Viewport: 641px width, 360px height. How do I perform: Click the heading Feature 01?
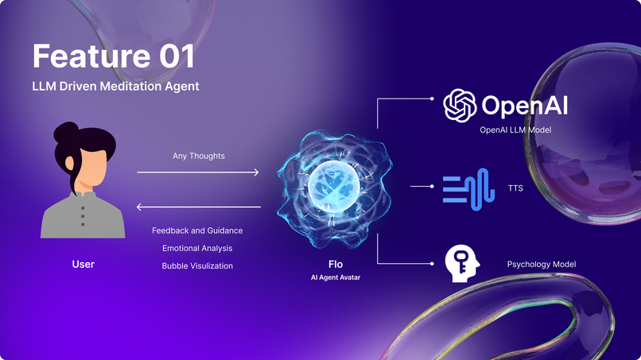click(114, 56)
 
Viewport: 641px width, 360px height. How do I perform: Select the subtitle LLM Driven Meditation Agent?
click(115, 86)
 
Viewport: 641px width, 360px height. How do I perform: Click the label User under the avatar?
click(83, 265)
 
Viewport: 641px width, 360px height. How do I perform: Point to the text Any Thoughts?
click(199, 156)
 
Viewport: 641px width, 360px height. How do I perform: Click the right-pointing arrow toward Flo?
click(198, 172)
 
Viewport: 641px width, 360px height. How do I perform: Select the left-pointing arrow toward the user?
click(198, 207)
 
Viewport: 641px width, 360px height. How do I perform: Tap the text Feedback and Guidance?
click(197, 230)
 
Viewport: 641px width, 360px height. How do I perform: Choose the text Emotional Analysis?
click(197, 248)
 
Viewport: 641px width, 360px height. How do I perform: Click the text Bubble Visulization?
click(197, 265)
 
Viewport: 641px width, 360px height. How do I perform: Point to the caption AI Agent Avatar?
click(335, 277)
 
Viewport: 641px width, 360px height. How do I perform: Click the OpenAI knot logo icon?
click(460, 105)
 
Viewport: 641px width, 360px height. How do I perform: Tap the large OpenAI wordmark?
click(524, 105)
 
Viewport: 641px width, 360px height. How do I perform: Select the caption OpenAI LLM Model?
click(515, 130)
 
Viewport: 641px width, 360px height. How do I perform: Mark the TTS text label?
click(515, 188)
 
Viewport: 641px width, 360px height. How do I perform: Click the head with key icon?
click(461, 262)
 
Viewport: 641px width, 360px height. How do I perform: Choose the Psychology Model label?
click(542, 265)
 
